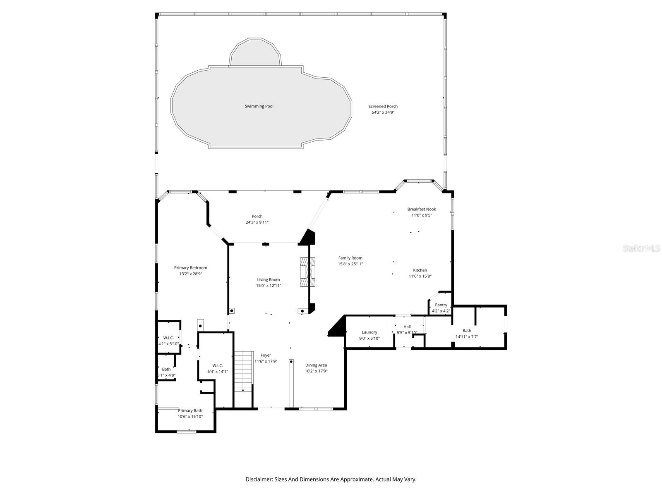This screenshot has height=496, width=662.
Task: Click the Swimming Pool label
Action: pyautogui.click(x=259, y=106)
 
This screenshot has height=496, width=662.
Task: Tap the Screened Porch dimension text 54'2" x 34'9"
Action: pyautogui.click(x=383, y=112)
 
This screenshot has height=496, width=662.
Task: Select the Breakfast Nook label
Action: pyautogui.click(x=421, y=209)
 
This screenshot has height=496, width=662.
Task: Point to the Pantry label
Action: pyautogui.click(x=441, y=305)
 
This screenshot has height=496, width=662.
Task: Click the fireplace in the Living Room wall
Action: pyautogui.click(x=307, y=272)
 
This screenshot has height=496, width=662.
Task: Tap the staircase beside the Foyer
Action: pyautogui.click(x=244, y=372)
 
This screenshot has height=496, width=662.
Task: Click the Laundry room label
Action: pyautogui.click(x=369, y=332)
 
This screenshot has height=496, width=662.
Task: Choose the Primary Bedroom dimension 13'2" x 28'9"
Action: pyautogui.click(x=190, y=274)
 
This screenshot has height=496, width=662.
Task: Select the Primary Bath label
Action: pyautogui.click(x=190, y=410)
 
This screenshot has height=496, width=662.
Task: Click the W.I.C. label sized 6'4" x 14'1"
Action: pyautogui.click(x=218, y=365)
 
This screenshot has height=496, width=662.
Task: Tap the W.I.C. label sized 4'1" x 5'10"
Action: pyautogui.click(x=168, y=338)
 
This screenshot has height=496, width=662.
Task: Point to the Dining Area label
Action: pyautogui.click(x=316, y=365)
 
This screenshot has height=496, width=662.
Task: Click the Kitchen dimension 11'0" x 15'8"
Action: pyautogui.click(x=420, y=276)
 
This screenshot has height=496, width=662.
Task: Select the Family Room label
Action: pyautogui.click(x=350, y=258)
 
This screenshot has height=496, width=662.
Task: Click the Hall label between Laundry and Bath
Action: pyautogui.click(x=407, y=327)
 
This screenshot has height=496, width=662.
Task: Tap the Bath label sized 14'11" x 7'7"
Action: pyautogui.click(x=467, y=330)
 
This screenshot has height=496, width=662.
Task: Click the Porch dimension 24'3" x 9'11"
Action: pyautogui.click(x=257, y=222)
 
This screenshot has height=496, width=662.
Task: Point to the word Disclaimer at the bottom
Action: pyautogui.click(x=259, y=479)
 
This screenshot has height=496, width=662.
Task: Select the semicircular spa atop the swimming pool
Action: pyautogui.click(x=255, y=54)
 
